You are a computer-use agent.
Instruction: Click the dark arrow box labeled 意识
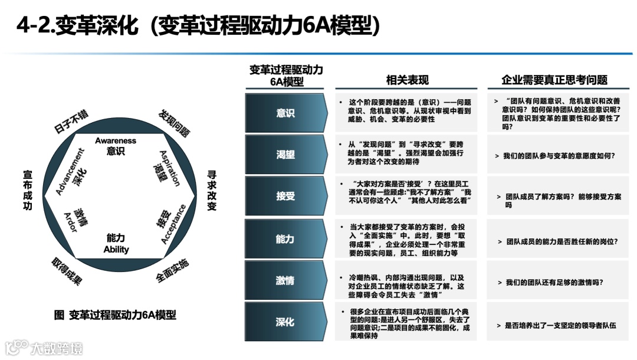(285, 113)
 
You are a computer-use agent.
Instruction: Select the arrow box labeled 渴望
(285, 155)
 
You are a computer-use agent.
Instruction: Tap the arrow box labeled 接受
(285, 196)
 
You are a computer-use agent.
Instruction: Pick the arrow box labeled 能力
(285, 238)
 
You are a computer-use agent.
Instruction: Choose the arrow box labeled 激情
(285, 280)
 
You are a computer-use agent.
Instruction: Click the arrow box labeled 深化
(285, 322)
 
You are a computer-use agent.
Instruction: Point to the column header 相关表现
(407, 80)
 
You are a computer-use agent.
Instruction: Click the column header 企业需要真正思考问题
(554, 80)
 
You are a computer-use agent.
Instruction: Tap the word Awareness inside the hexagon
(116, 140)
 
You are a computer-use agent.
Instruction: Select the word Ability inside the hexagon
(116, 250)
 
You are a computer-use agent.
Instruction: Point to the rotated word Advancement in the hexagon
(70, 171)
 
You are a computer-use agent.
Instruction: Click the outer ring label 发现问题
(174, 123)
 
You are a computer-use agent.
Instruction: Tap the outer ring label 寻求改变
(212, 190)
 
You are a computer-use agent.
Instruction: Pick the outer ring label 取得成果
(67, 271)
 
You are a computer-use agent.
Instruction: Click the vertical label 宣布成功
(27, 190)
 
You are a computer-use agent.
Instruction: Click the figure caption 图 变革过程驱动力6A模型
(114, 315)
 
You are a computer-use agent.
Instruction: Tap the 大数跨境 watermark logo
(44, 348)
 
